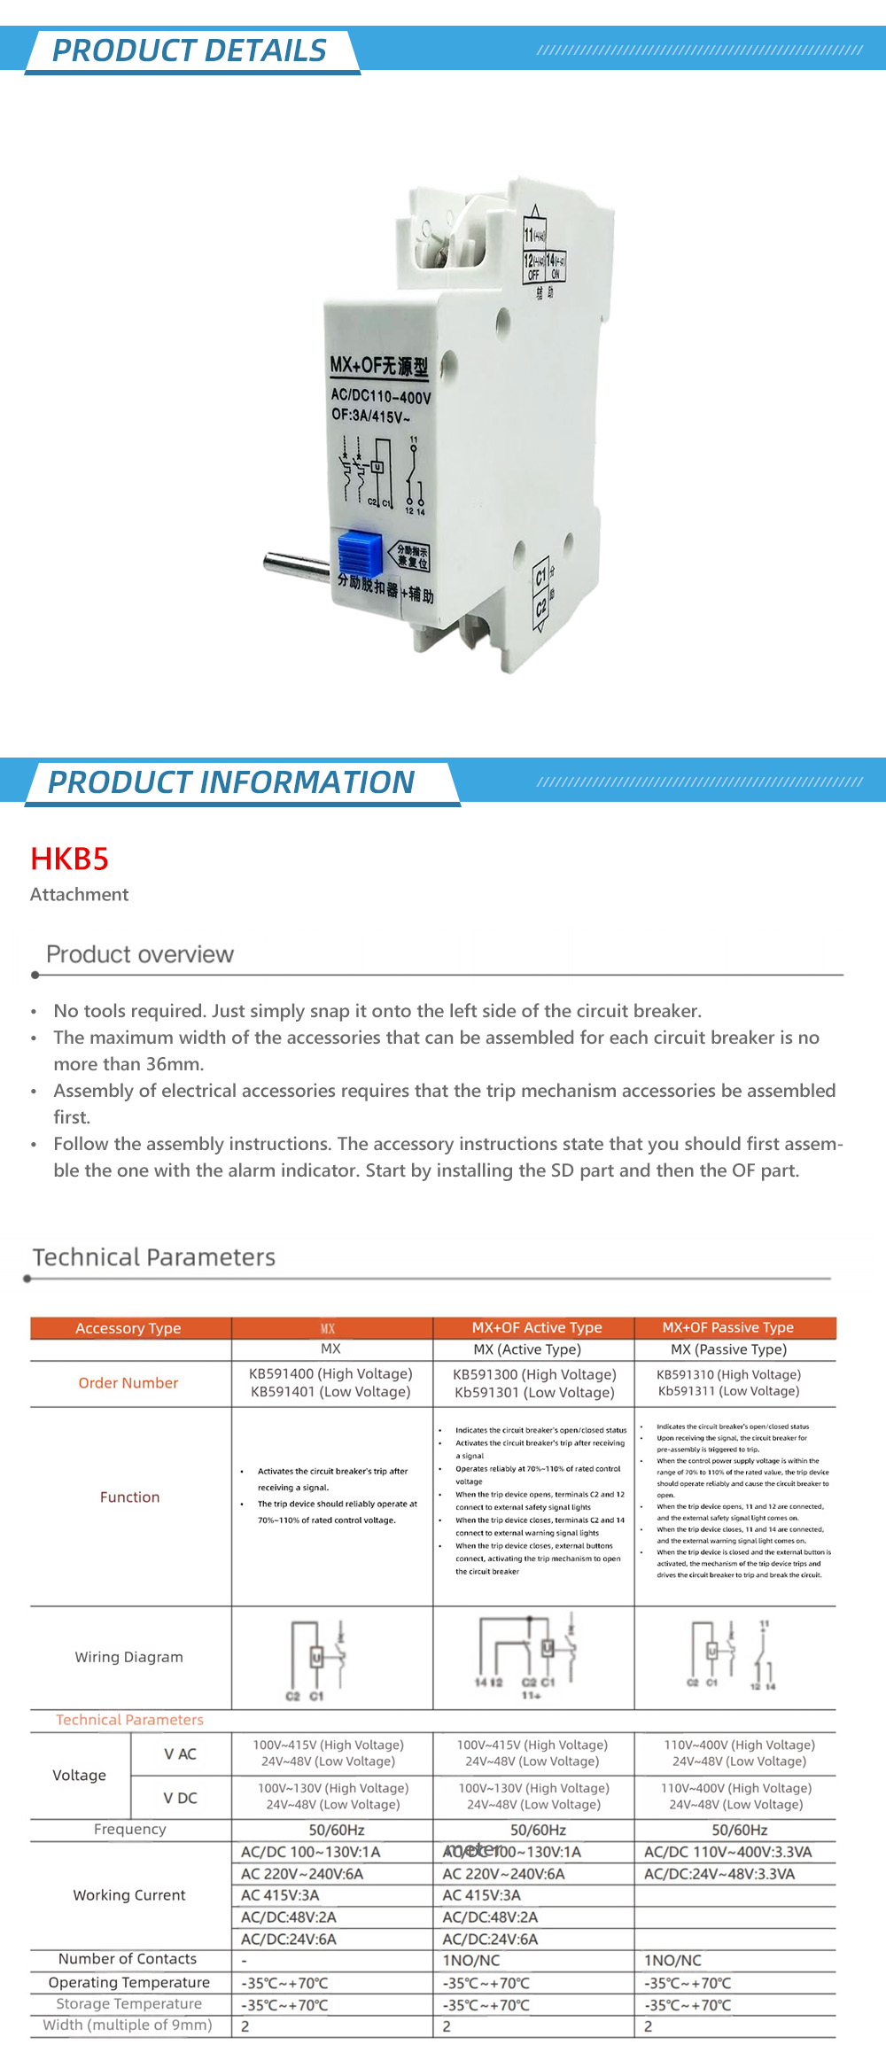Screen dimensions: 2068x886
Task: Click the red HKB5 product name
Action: [69, 859]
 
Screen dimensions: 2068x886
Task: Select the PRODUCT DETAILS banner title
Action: [190, 51]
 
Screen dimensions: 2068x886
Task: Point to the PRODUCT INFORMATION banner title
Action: [231, 782]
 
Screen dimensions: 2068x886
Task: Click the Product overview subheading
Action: [140, 954]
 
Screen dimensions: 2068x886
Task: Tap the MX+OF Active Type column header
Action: [536, 1327]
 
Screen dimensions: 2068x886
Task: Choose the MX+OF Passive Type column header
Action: [727, 1327]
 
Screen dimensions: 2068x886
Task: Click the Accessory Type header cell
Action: [128, 1328]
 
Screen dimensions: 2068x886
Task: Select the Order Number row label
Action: [128, 1383]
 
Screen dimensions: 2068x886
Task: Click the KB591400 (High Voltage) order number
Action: [330, 1374]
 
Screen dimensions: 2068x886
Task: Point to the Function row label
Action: [129, 1497]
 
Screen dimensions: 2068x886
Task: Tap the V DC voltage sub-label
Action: [180, 1798]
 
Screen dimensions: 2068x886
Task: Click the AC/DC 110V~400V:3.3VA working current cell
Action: [727, 1852]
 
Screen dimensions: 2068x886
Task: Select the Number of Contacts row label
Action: [128, 1959]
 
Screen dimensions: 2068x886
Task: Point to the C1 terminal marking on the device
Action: [540, 578]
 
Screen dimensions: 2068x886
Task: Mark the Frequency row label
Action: [130, 1829]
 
